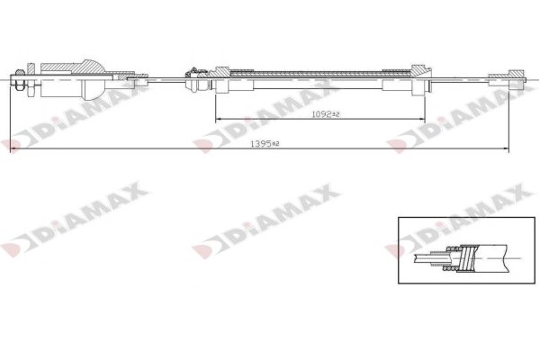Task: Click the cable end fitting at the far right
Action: click(x=500, y=79)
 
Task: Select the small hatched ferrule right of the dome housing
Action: click(x=138, y=80)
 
